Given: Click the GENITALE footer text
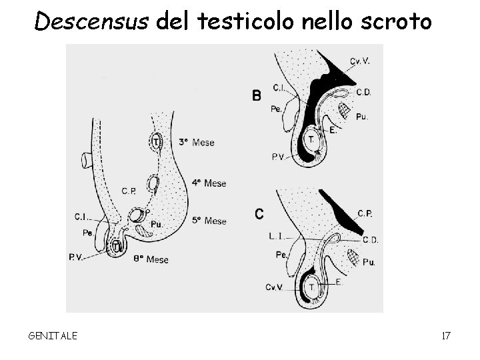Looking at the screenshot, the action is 53,335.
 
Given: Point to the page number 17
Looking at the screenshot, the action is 445,335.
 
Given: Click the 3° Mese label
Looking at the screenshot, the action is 197,143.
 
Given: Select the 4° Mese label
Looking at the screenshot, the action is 209,183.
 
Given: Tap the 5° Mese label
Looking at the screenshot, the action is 209,221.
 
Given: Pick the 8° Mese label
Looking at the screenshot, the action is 151,259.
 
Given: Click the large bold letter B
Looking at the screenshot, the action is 257,96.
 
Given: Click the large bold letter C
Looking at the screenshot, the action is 259,214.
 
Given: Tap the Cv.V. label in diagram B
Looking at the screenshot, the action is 359,61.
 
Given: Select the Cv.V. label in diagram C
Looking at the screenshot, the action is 273,287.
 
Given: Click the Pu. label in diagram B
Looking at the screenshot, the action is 362,116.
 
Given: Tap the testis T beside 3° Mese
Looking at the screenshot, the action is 156,141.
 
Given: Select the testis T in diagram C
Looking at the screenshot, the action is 311,286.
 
